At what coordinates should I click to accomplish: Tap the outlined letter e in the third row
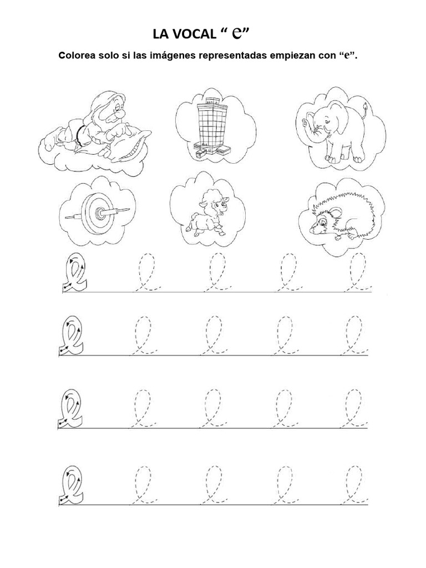71,410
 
